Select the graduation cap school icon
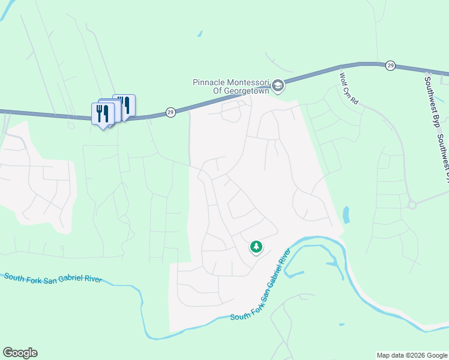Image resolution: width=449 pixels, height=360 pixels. coord(278,86)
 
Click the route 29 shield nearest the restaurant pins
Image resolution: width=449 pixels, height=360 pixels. coord(170,112)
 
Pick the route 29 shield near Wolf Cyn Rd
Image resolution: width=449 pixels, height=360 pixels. coord(390,65)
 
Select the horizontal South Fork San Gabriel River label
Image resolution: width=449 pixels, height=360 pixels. coord(52,279)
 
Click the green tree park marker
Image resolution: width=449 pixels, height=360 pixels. coord(256,247)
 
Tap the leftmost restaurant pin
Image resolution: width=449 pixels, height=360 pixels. coord(102,113)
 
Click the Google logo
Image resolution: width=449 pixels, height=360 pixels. coord(20,353)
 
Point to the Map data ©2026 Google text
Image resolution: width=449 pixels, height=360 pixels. coord(411,355)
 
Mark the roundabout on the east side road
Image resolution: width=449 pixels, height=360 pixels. coord(412,205)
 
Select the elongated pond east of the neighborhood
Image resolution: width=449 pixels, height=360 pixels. coord(346,214)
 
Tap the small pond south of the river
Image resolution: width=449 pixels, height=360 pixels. coord(341,325)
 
